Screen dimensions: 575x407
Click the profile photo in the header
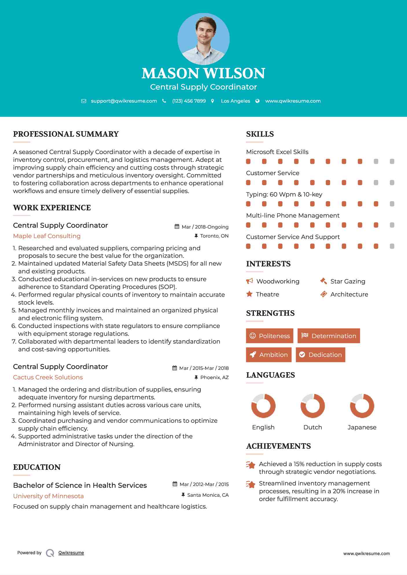203,39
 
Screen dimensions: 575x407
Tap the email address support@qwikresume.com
124,101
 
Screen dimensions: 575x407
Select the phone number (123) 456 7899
189,101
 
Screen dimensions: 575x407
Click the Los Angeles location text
235,101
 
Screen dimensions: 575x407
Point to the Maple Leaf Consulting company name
47,236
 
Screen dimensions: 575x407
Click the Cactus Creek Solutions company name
48,377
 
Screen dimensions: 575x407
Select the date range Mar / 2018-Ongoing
205,227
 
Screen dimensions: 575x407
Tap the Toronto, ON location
214,236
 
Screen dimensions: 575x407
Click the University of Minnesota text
48,496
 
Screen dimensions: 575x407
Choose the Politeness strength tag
270,336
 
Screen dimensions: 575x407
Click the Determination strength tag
329,336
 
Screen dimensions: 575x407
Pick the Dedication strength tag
321,355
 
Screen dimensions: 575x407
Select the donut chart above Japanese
362,406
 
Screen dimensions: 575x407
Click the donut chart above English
263,406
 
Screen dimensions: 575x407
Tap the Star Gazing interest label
348,281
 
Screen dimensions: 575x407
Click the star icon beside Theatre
249,294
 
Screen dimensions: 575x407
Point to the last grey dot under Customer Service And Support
392,246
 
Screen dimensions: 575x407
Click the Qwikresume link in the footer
71,552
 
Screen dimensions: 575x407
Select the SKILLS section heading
260,134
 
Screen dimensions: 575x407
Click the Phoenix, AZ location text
214,377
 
